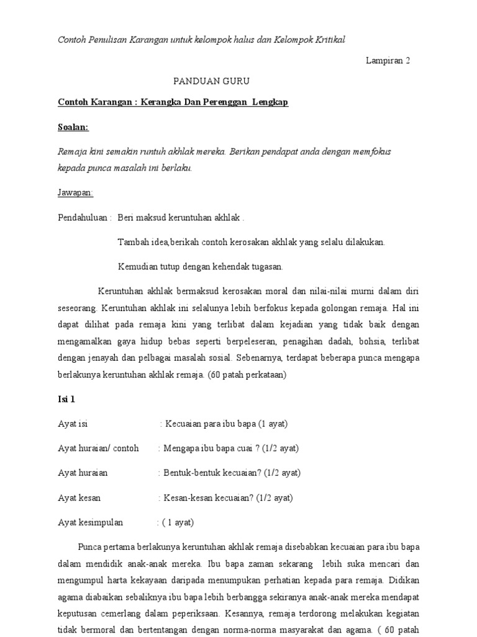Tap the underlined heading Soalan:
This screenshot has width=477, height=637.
73,127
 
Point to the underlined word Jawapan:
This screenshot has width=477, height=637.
75,193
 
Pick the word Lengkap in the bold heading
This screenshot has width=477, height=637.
270,102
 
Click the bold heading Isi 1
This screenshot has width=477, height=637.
66,399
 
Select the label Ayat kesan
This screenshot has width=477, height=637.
79,498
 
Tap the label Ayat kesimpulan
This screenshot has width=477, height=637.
91,523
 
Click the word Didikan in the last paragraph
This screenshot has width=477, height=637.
404,580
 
